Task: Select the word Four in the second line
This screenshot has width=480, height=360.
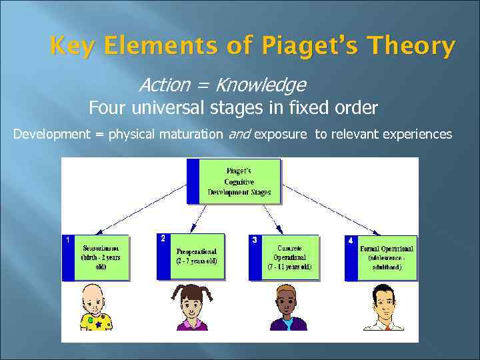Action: click(x=107, y=107)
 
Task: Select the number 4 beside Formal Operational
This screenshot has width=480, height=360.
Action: click(x=351, y=241)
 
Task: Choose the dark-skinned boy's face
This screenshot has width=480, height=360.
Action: click(x=287, y=299)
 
